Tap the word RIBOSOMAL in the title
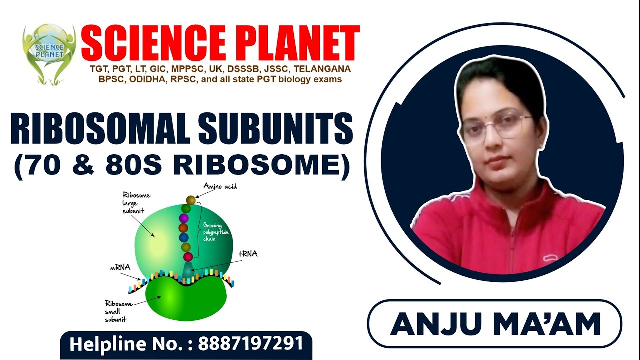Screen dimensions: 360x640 (x=98, y=129)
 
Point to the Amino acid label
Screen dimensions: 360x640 (x=220, y=186)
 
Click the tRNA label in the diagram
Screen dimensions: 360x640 (x=248, y=254)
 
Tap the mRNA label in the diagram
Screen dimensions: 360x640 (x=120, y=268)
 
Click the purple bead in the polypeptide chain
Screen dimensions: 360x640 (x=184, y=218)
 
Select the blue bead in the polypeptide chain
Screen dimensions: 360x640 (x=184, y=237)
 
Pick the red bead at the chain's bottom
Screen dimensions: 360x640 (x=188, y=257)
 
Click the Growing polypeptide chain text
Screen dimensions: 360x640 (x=213, y=232)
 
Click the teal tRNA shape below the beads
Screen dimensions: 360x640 (x=187, y=270)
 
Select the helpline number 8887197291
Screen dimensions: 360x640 (x=251, y=344)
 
